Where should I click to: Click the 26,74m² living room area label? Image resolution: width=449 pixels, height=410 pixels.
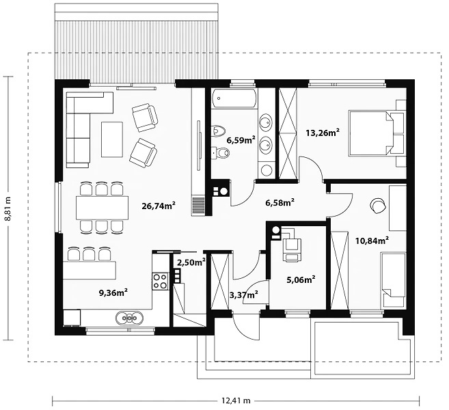159,206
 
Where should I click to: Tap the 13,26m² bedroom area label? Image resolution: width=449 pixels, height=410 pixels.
323,133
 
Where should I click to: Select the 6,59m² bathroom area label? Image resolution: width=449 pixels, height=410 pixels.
241,140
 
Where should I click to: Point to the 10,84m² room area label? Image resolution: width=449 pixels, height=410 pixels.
372,241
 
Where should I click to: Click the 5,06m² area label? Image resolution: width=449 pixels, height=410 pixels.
301,279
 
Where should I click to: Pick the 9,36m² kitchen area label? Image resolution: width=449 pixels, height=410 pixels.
113,292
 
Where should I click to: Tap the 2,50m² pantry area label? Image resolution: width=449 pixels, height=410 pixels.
191,262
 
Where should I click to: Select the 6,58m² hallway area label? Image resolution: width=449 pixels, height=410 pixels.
280,203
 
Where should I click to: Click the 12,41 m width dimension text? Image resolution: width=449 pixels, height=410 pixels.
236,400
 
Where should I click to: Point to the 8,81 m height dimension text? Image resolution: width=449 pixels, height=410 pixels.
7,208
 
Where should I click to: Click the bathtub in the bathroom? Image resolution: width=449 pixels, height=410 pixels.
233,99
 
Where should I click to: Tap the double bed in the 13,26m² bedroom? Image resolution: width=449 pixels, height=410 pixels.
371,134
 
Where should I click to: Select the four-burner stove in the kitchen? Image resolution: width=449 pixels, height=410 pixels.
160,281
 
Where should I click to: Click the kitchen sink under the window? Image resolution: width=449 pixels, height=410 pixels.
129,318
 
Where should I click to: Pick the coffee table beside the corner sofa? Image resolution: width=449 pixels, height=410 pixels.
112,139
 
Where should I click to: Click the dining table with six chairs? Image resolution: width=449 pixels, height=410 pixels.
102,207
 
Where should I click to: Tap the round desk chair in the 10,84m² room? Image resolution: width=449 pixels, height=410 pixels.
378,206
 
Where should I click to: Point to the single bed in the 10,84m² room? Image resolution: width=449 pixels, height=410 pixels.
393,281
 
